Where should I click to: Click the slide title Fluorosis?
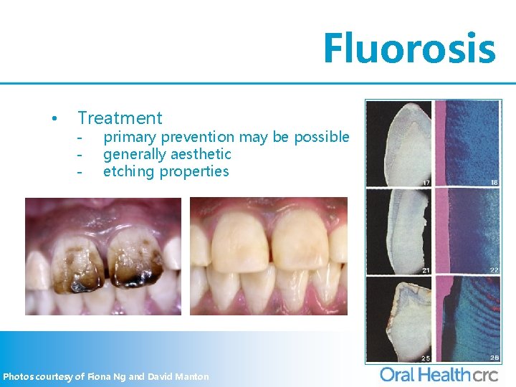coord(408,48)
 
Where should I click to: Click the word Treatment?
coord(120,118)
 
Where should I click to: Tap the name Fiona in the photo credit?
coord(100,376)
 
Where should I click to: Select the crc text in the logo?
coord(489,373)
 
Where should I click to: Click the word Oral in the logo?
coord(397,373)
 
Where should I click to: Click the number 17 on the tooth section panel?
coord(426,182)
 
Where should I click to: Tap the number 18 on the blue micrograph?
coord(494,182)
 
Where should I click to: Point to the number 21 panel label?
coord(426,269)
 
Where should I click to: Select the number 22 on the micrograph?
coord(494,269)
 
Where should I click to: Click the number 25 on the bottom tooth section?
coord(426,357)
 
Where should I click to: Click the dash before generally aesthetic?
coord(81,154)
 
